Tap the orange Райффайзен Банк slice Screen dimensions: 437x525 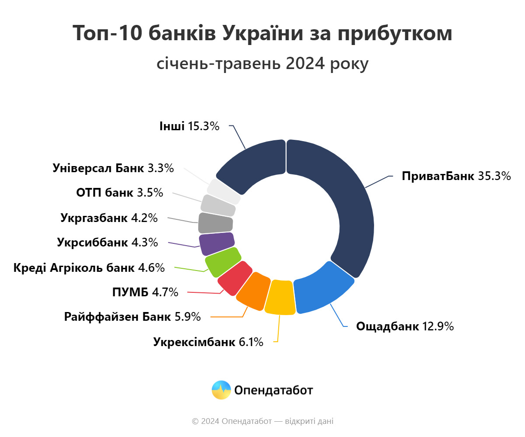click(253, 291)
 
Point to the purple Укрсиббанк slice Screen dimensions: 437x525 click(217, 244)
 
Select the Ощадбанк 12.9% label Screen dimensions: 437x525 click(405, 326)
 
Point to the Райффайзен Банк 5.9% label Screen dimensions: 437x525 click(133, 316)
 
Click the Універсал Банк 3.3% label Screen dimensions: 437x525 click(113, 168)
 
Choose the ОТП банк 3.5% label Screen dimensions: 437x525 click(119, 192)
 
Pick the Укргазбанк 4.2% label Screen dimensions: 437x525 click(109, 218)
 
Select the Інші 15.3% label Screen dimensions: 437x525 click(189, 127)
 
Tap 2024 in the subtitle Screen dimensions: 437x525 click(305, 64)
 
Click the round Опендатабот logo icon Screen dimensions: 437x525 click(221, 390)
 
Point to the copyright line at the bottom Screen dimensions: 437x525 click(262, 421)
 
